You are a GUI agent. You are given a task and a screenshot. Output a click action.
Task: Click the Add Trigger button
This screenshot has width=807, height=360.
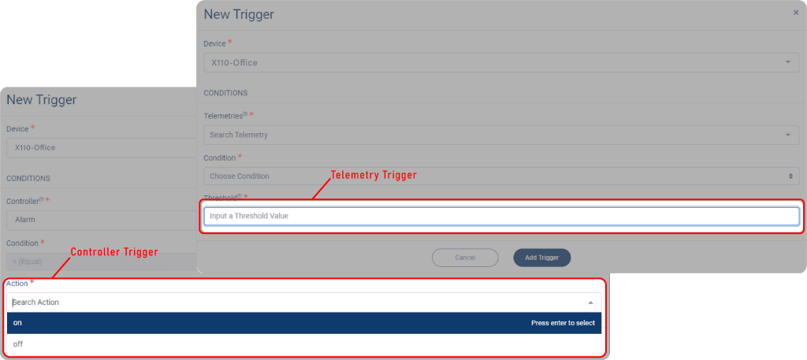click(541, 258)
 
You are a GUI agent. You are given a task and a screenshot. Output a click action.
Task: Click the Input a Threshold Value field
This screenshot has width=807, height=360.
click(501, 216)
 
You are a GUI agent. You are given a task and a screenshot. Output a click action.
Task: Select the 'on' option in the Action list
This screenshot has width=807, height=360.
click(303, 323)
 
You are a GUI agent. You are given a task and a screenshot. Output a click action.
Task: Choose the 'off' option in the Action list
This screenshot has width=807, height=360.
click(303, 344)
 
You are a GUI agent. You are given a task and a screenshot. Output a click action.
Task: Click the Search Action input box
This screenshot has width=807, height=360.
click(303, 302)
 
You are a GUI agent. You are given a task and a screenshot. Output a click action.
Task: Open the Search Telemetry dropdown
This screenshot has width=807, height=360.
click(501, 135)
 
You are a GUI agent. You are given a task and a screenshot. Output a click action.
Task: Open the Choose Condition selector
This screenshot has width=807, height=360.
click(501, 176)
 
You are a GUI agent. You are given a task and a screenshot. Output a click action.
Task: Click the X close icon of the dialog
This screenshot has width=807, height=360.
click(795, 13)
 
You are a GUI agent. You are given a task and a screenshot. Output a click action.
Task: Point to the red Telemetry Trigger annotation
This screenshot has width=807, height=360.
click(374, 174)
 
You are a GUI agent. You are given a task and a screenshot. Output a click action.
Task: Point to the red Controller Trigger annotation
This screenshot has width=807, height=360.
click(115, 252)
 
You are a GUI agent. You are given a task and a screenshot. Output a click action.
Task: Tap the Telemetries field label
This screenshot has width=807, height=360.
click(224, 116)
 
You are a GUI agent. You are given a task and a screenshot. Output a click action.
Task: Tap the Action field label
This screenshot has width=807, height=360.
click(17, 283)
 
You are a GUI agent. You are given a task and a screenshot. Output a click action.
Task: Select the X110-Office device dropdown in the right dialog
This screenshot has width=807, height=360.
click(501, 62)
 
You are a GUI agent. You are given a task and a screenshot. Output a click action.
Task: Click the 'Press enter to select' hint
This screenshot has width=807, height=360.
click(563, 323)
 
